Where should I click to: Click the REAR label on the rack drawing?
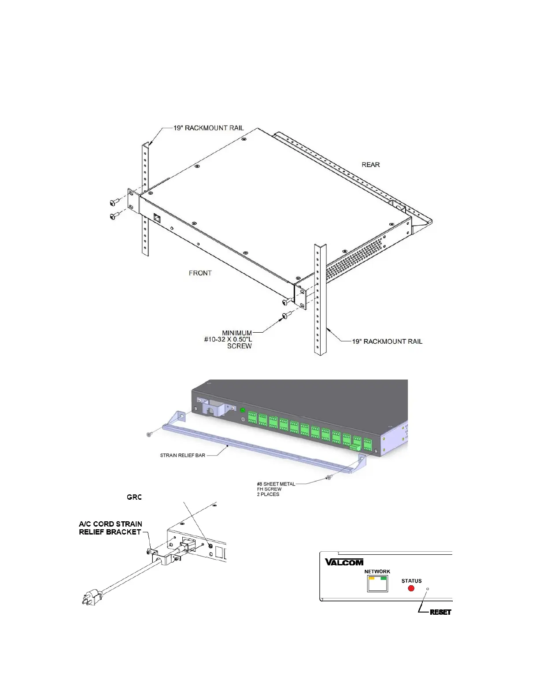370,165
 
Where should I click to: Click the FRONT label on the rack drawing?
200,273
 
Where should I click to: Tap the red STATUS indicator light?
411,588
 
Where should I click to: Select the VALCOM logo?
344,562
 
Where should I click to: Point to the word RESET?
440,612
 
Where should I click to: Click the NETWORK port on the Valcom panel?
377,584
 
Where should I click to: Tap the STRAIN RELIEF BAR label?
182,455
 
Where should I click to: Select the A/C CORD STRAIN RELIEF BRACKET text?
110,528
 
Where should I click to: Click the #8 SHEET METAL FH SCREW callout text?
276,489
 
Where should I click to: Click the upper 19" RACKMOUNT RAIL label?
208,128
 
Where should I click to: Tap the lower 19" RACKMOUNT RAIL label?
387,342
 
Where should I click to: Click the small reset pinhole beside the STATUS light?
427,589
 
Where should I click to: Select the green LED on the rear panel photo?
242,410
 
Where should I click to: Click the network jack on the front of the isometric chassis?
157,217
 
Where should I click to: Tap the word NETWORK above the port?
377,572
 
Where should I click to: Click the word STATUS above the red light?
411,581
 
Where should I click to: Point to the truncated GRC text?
134,497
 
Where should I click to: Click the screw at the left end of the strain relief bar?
149,434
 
